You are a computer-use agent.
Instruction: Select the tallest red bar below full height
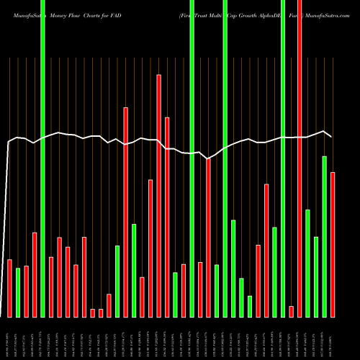click(158, 194)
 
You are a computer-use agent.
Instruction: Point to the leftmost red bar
click(9, 288)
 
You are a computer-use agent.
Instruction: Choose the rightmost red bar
click(333, 245)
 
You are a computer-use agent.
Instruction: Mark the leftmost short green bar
click(18, 292)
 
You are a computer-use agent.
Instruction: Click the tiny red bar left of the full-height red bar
click(292, 311)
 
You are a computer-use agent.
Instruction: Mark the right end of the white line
click(331, 136)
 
